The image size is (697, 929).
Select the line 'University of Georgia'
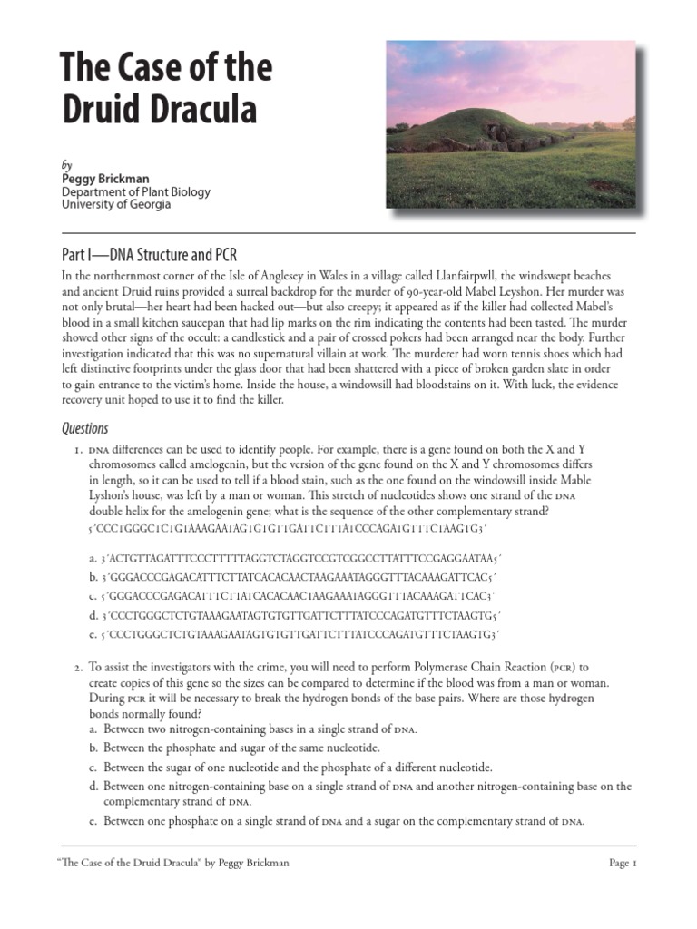point(116,204)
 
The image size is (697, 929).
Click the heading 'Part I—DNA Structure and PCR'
point(149,253)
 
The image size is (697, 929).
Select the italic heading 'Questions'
point(84,428)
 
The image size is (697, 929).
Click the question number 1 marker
point(78,450)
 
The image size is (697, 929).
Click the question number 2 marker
point(78,668)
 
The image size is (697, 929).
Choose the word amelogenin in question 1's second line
point(197,464)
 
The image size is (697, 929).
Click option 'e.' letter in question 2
point(93,822)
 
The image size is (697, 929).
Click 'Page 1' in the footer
point(623,863)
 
